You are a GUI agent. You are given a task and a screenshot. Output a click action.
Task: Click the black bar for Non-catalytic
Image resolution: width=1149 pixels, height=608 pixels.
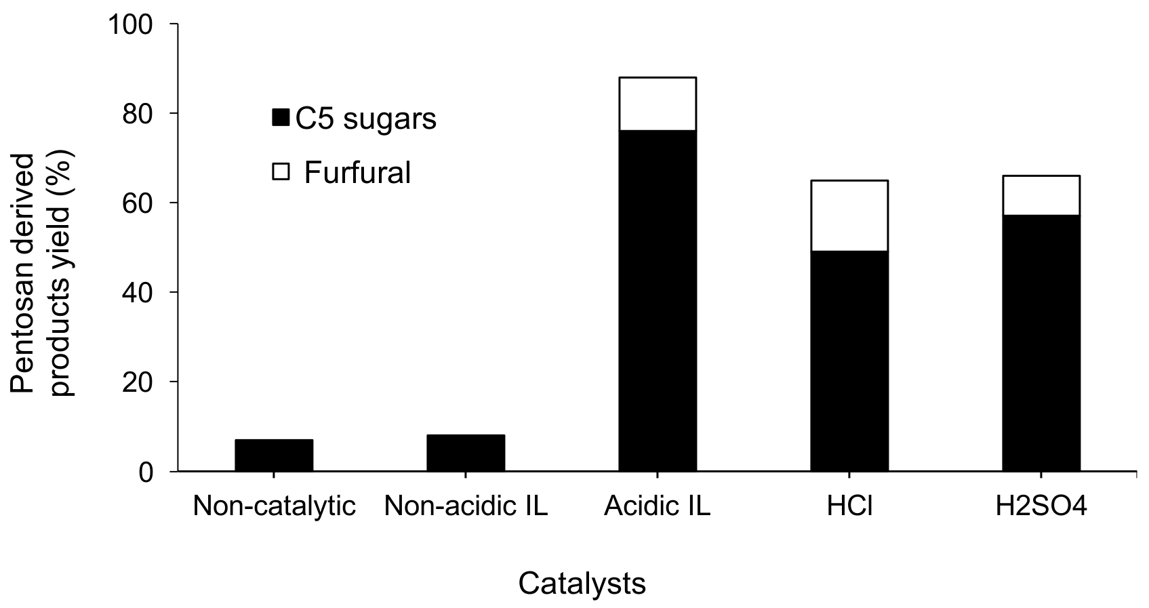click(x=274, y=455)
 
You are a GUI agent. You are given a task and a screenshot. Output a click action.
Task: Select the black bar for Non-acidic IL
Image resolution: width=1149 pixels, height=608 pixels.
click(x=466, y=453)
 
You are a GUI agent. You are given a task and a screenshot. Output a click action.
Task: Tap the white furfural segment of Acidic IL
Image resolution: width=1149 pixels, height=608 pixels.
click(x=658, y=104)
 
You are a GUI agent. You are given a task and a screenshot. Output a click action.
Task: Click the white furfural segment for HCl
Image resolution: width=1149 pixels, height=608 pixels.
click(x=849, y=216)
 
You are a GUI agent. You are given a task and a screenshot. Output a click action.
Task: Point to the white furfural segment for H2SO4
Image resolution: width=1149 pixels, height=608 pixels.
click(x=1041, y=195)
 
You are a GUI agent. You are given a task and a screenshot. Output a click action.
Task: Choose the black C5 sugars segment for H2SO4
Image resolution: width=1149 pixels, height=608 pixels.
click(x=1041, y=343)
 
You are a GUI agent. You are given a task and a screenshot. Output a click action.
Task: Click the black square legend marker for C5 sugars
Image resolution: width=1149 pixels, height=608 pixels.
click(x=281, y=117)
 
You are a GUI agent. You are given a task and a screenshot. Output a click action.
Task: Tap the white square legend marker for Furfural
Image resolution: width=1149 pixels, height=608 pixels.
click(x=281, y=172)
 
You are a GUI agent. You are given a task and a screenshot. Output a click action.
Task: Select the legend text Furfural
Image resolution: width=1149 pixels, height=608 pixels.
click(x=357, y=172)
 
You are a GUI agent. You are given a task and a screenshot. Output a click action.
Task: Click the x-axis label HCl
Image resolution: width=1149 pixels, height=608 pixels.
click(x=849, y=506)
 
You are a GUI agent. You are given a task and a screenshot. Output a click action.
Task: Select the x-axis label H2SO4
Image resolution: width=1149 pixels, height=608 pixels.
click(x=1041, y=506)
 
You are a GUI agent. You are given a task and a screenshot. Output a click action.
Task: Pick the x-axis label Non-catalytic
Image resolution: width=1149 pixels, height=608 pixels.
click(x=274, y=506)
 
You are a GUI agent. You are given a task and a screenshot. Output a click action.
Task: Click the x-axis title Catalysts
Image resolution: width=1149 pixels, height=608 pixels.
click(x=582, y=584)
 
